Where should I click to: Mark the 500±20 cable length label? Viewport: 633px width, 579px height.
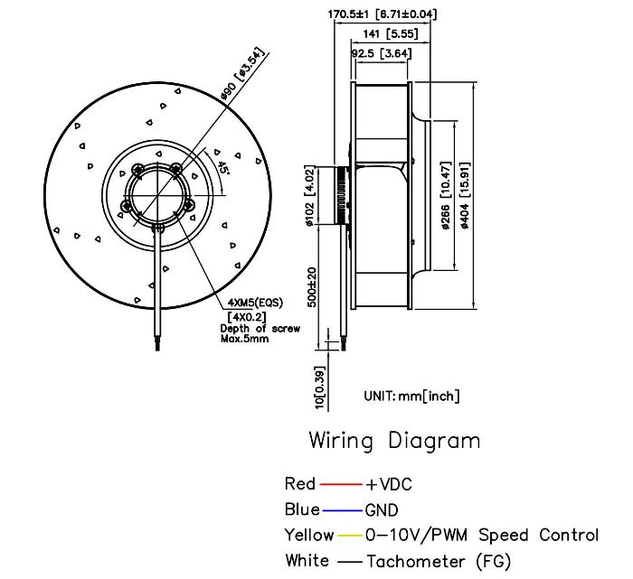point(311,288)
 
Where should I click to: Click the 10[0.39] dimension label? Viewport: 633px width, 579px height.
point(311,386)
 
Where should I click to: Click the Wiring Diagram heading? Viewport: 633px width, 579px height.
point(394,441)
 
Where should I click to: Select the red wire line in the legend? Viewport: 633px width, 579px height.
point(341,485)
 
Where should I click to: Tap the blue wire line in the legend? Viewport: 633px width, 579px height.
point(342,510)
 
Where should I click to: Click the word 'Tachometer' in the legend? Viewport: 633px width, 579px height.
point(417,561)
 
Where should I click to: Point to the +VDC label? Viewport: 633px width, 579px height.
point(389,485)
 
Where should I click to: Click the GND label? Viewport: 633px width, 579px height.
point(382,510)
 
